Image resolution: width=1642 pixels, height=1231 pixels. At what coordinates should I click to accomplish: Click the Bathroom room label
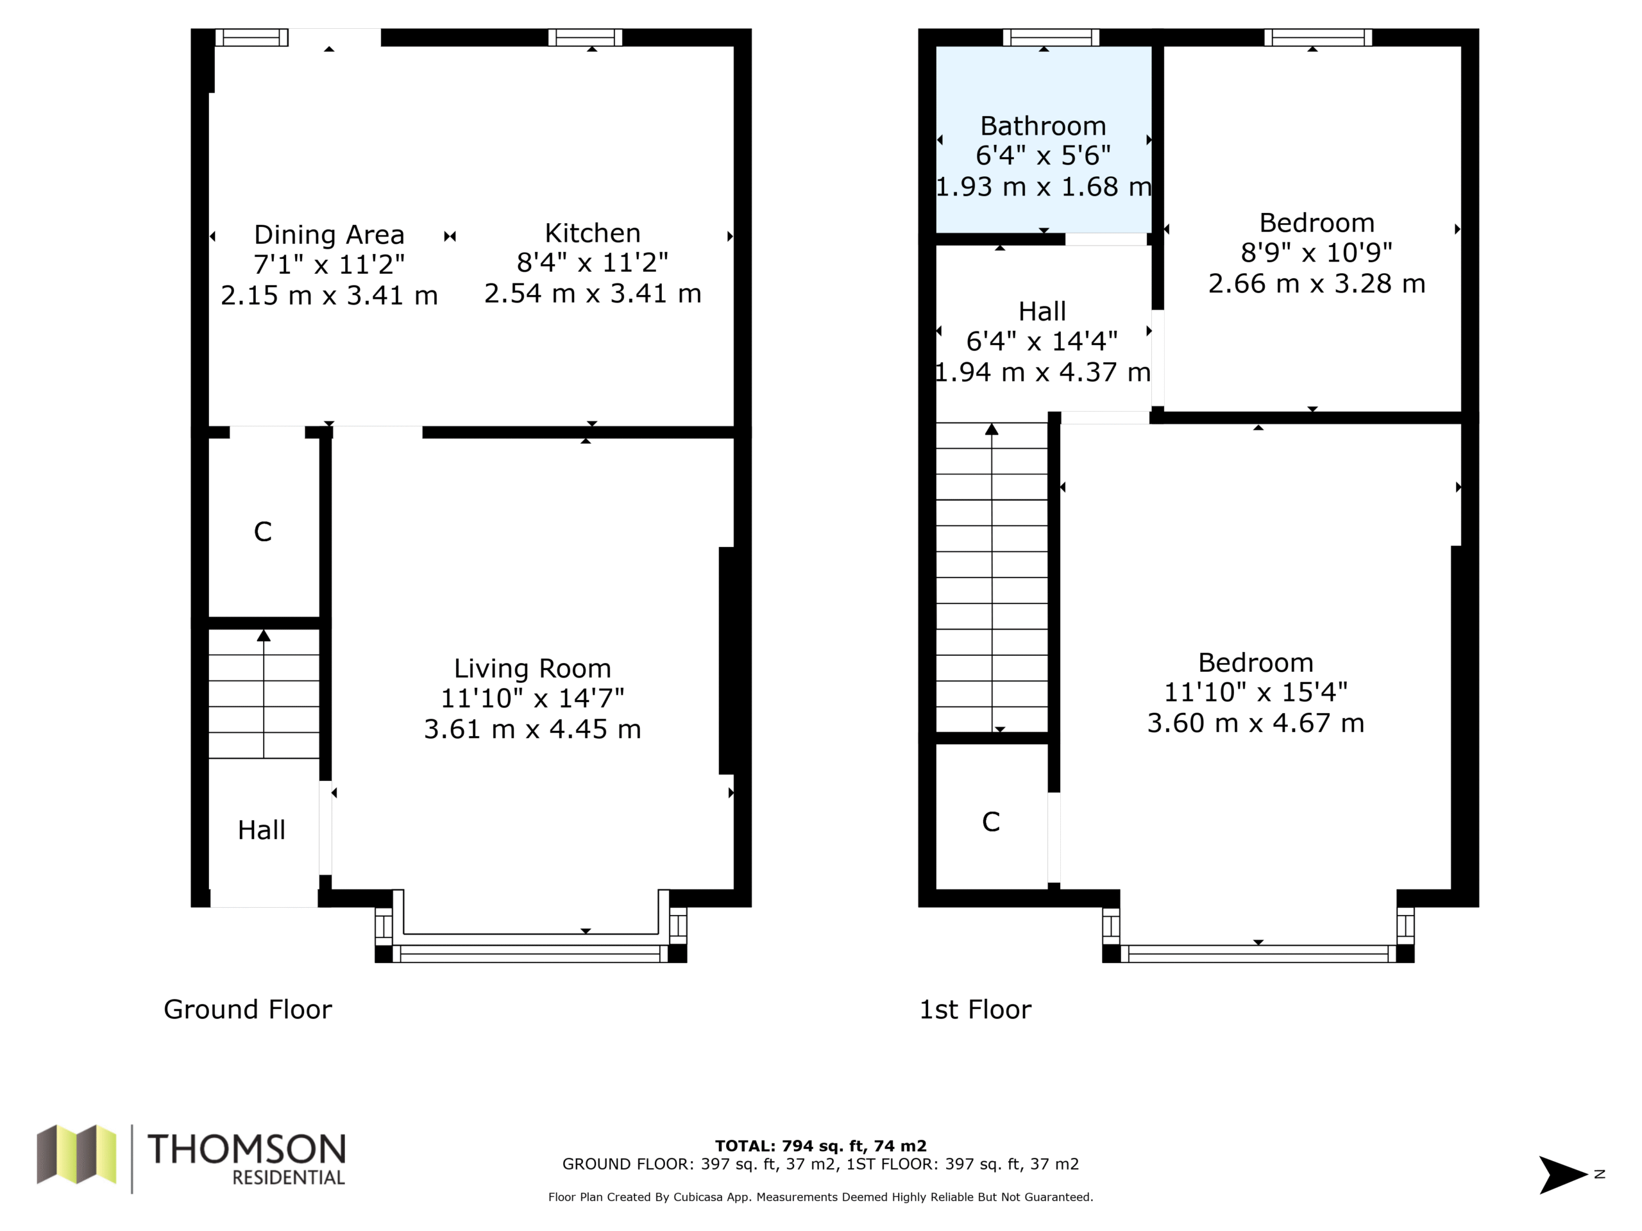tap(1043, 126)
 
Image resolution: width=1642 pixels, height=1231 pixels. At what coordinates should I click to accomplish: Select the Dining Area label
tap(329, 235)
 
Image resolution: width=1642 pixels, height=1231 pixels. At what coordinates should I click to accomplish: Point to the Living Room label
tap(532, 669)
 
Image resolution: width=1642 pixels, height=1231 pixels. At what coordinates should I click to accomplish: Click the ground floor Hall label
tap(261, 830)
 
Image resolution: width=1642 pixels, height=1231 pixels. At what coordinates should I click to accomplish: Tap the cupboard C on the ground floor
tap(263, 532)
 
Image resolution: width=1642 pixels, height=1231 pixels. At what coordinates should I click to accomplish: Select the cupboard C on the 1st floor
tap(991, 821)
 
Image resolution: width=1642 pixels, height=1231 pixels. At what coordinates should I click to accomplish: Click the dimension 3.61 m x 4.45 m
tap(532, 730)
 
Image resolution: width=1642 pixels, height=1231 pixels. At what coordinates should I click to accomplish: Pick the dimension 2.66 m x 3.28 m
tap(1317, 283)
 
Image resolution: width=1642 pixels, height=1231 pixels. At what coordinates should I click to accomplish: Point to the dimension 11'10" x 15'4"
tap(1255, 692)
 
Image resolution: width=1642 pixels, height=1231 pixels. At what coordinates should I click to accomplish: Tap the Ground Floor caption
tap(248, 1009)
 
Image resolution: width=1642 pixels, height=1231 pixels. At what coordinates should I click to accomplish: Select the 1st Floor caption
tap(976, 1009)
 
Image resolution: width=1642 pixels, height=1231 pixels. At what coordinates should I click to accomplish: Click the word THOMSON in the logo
tap(246, 1149)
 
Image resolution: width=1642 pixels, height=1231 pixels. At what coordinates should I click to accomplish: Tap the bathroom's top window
tap(1051, 37)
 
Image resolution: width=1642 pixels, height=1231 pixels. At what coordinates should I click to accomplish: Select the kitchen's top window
tap(585, 37)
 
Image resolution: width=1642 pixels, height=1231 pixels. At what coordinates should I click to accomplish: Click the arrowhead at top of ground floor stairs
tap(264, 635)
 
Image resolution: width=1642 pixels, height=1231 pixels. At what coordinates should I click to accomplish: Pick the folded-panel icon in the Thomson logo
tap(76, 1154)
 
